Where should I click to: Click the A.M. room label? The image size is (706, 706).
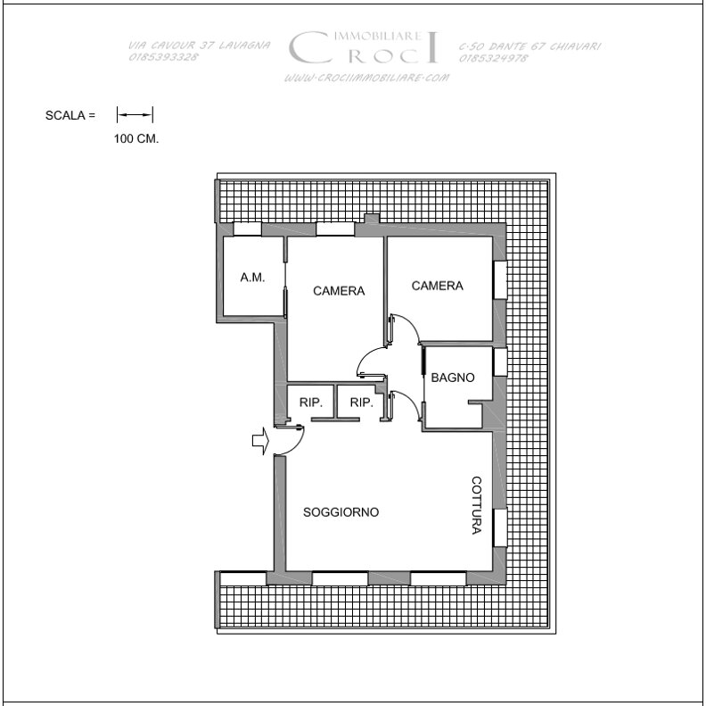click(252, 278)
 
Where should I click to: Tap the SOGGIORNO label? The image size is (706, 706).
click(341, 512)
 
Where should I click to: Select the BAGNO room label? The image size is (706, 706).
click(453, 378)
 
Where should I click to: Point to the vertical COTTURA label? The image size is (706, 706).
click(476, 505)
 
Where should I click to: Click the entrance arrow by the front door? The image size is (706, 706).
click(260, 440)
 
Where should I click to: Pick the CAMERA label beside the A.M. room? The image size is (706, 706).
click(339, 291)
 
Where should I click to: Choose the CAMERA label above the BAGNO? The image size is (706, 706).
click(437, 286)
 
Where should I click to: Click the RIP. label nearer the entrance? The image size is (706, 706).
click(311, 403)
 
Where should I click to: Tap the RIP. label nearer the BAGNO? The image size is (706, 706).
click(362, 403)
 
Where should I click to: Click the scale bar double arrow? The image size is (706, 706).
click(135, 114)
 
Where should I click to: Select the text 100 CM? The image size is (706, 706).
click(136, 139)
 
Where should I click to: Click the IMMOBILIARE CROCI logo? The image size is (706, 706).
click(364, 47)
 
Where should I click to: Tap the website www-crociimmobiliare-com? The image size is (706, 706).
click(366, 78)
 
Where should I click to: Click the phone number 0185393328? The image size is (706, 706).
click(163, 57)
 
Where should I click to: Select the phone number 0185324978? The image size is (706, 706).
click(494, 58)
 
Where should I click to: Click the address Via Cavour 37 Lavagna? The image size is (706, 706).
click(199, 46)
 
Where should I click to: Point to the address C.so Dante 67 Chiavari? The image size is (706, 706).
click(529, 46)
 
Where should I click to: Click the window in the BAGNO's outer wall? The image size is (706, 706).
click(500, 361)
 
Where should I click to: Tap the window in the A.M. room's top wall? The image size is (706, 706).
click(247, 229)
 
